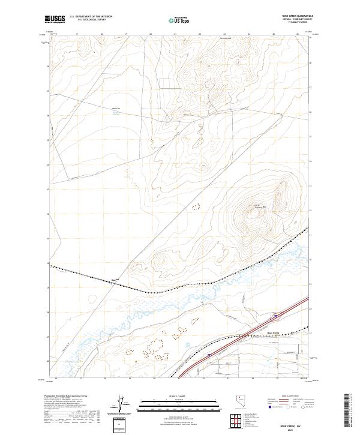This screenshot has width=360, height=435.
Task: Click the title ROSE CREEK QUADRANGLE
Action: click(x=293, y=16)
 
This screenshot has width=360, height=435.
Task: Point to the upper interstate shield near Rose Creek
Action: click(x=276, y=314)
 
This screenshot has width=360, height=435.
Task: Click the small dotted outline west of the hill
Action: click(x=195, y=207)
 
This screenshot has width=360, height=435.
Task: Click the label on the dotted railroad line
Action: click(x=117, y=280)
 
